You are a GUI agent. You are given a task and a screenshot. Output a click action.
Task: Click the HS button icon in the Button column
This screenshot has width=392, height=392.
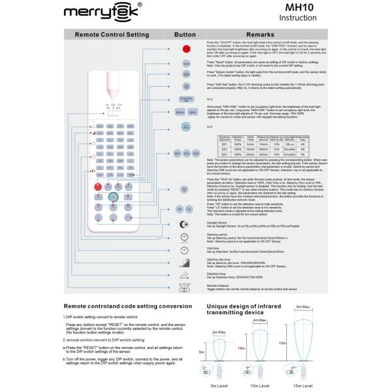pyautogui.click(x=180, y=208)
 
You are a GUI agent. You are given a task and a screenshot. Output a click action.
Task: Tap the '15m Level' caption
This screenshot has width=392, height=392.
pyautogui.click(x=302, y=385)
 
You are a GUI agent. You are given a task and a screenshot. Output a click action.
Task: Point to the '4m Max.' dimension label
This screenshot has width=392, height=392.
pyautogui.click(x=259, y=321)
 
